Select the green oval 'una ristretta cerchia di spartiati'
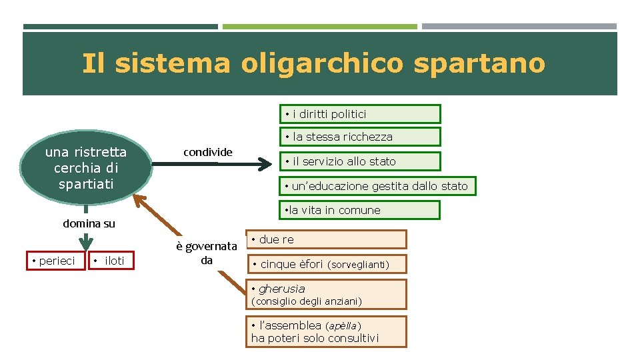(x=86, y=167)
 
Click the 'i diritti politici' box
(x=359, y=114)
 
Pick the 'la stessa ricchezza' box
(x=359, y=137)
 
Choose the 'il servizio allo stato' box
(x=359, y=161)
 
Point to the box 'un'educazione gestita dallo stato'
(x=377, y=185)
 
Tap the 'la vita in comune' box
(x=359, y=210)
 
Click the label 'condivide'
(x=208, y=152)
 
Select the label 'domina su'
(x=89, y=223)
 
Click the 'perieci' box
(x=56, y=260)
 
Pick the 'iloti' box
(x=111, y=260)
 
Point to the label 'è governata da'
(x=207, y=253)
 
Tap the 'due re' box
(x=327, y=239)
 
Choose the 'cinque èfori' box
(x=327, y=265)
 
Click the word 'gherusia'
(x=281, y=289)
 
